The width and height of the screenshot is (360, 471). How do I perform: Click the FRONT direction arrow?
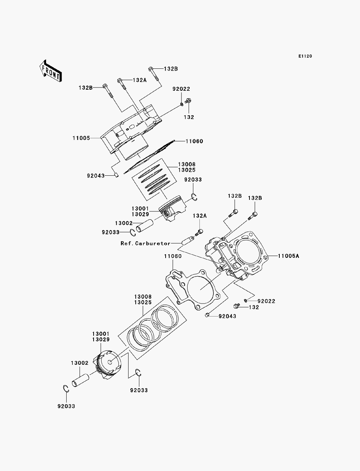(51, 71)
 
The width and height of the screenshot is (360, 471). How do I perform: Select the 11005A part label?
(288, 256)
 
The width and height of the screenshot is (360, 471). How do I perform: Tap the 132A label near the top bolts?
(140, 80)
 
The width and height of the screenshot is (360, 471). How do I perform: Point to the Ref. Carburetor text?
(145, 243)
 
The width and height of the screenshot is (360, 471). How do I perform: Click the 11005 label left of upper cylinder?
(81, 138)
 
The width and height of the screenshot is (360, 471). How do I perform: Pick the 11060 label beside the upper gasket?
(194, 141)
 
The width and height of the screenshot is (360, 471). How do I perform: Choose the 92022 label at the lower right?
(266, 301)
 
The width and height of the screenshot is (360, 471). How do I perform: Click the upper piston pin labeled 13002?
(145, 226)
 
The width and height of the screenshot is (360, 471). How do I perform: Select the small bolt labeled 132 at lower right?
(237, 306)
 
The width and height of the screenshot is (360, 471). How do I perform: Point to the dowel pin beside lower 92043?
(207, 315)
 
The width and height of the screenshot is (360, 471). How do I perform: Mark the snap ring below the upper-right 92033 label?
(194, 197)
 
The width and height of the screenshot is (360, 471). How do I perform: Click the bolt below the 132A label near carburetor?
(199, 233)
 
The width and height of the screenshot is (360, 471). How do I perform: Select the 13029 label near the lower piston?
(101, 340)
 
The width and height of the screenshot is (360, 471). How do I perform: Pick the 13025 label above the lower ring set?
(143, 302)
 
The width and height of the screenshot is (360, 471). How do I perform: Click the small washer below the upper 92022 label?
(181, 104)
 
